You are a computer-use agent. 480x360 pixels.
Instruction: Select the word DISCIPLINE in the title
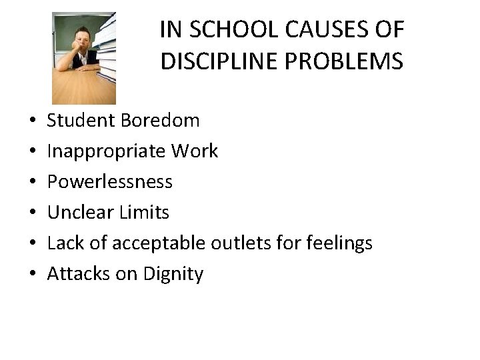point(217,61)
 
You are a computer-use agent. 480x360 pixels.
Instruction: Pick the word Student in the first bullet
point(81,121)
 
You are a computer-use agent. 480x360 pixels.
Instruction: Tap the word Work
point(194,151)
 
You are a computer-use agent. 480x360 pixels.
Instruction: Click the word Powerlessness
point(110,181)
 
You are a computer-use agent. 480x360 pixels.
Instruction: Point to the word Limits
point(146,212)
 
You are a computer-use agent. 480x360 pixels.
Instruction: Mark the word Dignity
point(174,274)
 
